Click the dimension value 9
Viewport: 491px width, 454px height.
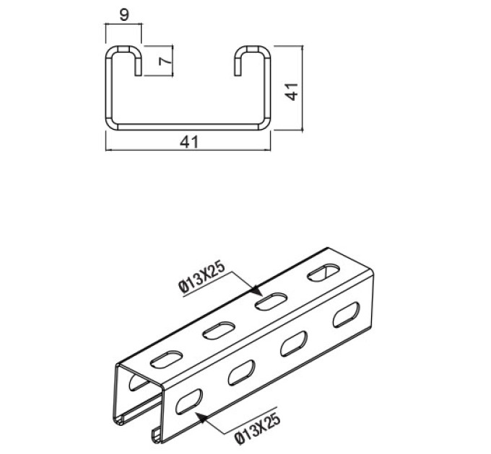tap(124, 14)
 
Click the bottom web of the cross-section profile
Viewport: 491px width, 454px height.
tap(188, 126)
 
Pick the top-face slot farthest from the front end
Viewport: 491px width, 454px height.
tap(322, 274)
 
